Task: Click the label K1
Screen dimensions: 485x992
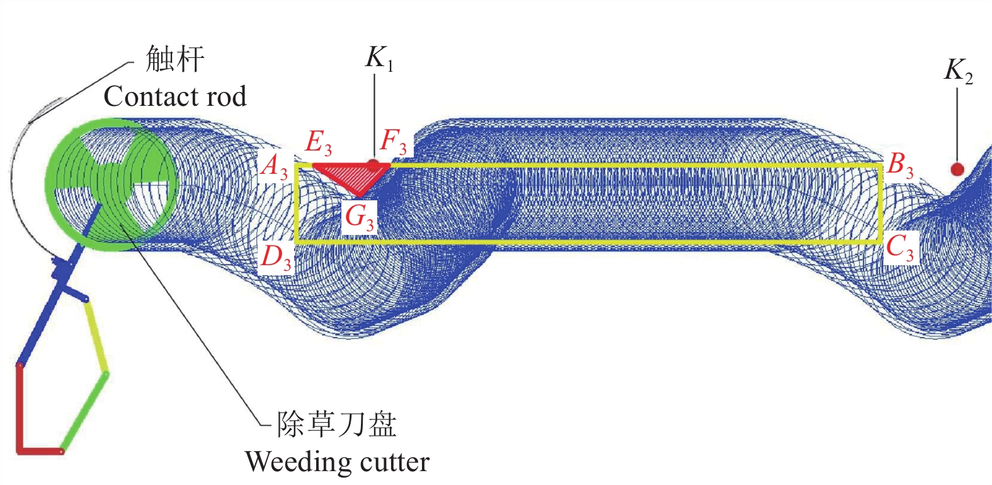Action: point(379,59)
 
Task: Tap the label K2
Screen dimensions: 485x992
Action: point(958,71)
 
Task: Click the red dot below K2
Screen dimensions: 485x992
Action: point(957,169)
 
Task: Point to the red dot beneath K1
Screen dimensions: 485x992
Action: point(373,166)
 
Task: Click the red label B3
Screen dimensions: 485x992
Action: point(900,166)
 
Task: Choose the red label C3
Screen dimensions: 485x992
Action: point(899,248)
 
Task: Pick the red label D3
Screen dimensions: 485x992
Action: point(276,257)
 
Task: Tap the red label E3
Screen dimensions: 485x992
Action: point(318,143)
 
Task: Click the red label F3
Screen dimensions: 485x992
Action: point(394,142)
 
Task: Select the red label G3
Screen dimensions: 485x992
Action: point(359,218)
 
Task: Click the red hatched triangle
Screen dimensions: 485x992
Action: point(350,174)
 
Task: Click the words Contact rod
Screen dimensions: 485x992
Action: point(174,97)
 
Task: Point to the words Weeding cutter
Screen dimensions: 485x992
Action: point(337,462)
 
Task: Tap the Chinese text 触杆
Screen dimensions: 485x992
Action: point(175,60)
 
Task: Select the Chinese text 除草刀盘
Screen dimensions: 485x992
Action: point(337,425)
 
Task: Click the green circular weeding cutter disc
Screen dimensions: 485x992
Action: point(112,184)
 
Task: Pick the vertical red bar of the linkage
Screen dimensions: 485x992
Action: point(20,406)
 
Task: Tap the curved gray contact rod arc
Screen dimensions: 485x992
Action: point(15,183)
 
